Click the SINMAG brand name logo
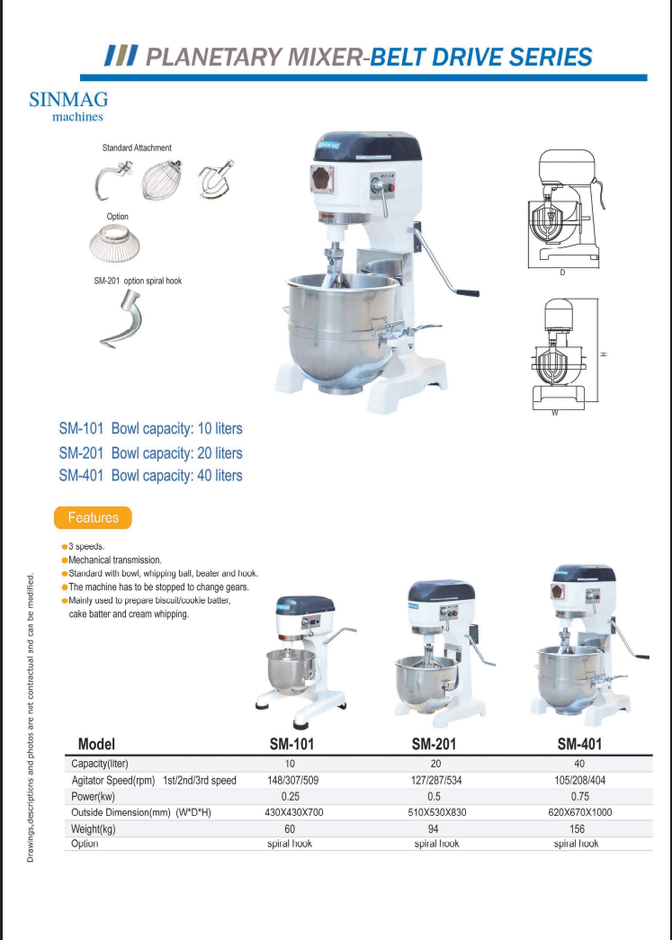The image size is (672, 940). [x=67, y=99]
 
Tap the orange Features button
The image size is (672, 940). [x=93, y=517]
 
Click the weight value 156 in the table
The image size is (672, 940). [x=577, y=828]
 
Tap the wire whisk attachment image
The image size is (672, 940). [x=162, y=180]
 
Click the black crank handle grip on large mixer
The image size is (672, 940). [x=466, y=292]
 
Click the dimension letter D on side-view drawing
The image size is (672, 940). [x=562, y=273]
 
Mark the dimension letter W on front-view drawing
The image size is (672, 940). [x=555, y=413]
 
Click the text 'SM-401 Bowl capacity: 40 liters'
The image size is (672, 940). [x=150, y=475]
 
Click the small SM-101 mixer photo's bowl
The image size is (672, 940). [x=290, y=667]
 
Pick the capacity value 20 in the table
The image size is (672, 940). [x=436, y=764]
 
